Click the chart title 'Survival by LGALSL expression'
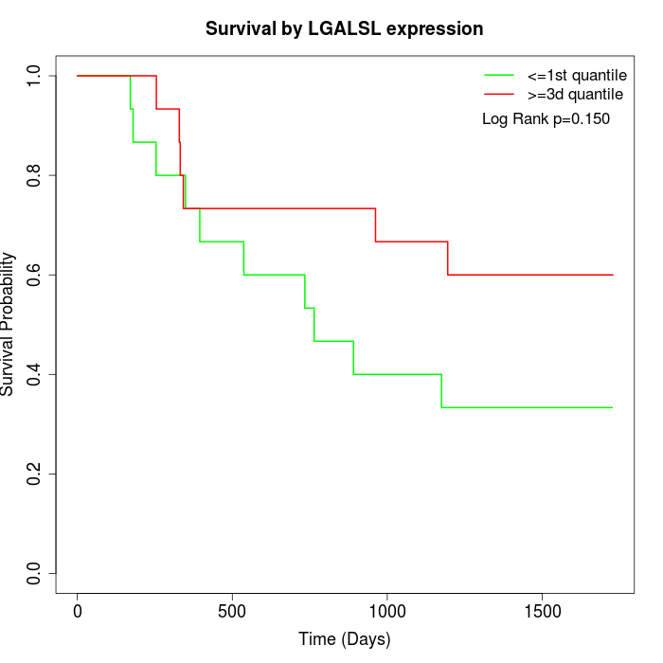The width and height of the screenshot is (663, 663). tap(345, 28)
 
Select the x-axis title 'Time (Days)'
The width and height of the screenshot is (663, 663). tap(345, 639)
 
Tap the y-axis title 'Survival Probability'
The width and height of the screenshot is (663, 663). tap(9, 324)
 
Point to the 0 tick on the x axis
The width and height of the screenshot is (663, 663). tap(78, 611)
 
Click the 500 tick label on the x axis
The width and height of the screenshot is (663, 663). tap(232, 611)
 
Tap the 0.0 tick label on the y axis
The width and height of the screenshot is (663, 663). tap(35, 573)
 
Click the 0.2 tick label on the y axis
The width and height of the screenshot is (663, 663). tap(35, 474)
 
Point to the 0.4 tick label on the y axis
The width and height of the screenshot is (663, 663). tap(35, 374)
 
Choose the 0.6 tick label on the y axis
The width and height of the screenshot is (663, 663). tap(35, 275)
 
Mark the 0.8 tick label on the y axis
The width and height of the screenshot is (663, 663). tap(35, 175)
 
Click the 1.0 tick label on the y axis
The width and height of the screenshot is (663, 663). tap(35, 76)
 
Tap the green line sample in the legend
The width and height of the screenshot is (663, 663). tap(499, 75)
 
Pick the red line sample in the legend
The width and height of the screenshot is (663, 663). tap(499, 95)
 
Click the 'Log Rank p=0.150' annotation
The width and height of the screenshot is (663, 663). tap(547, 119)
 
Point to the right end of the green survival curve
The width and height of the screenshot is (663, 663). tap(613, 407)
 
